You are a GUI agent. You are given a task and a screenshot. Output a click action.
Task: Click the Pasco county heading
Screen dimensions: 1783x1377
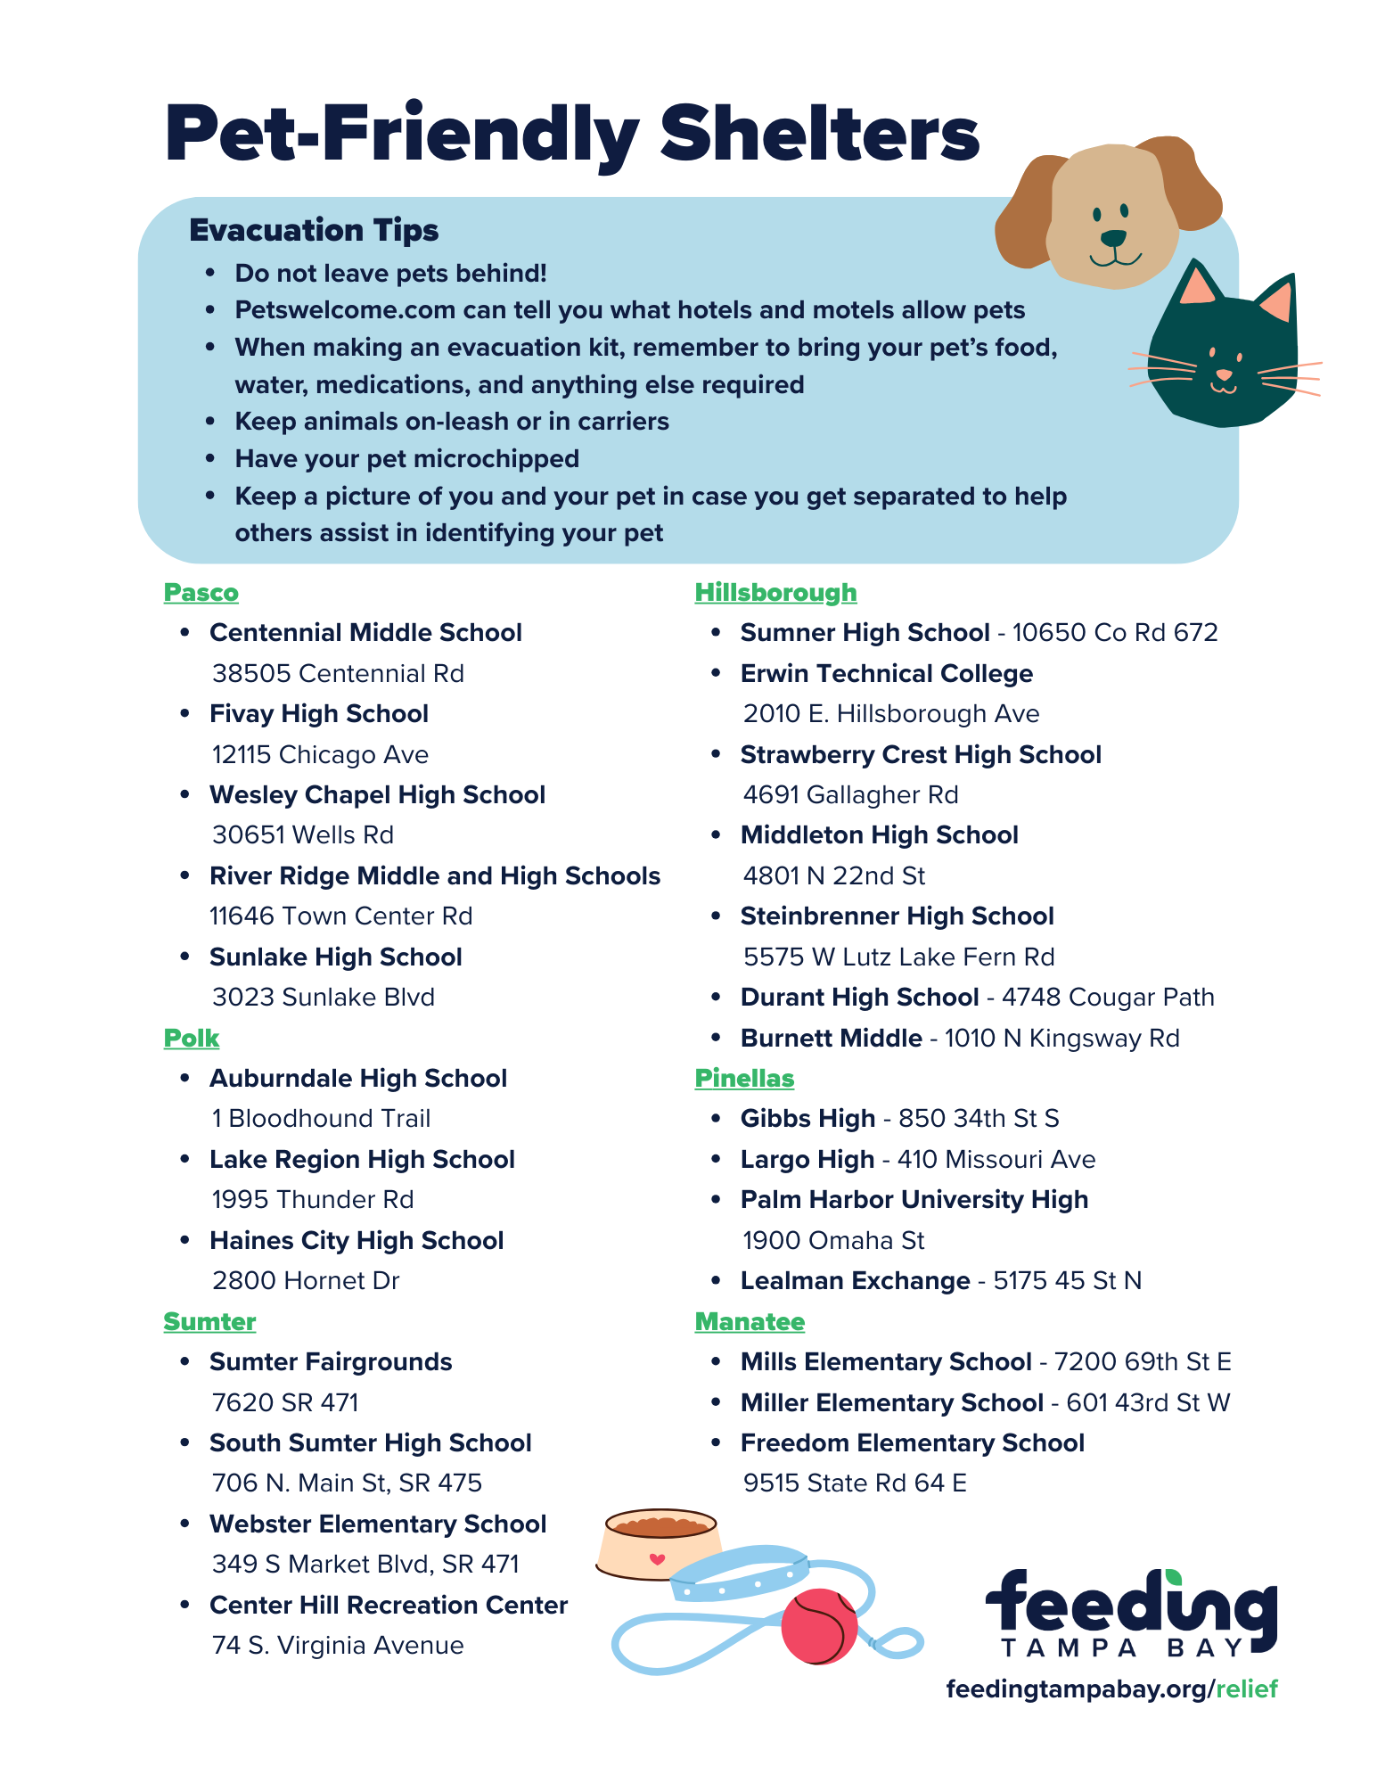tap(201, 593)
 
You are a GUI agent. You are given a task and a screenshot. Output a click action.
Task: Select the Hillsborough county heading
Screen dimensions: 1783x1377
tap(775, 593)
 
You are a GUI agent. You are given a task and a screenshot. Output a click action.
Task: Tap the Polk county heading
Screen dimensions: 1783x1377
tap(191, 1039)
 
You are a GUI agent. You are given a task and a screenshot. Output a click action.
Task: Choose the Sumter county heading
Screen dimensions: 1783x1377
tap(209, 1322)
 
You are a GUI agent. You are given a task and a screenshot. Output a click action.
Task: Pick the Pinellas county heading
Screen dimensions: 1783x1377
tap(744, 1079)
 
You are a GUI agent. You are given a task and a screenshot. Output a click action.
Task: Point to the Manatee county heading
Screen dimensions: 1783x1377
tap(750, 1322)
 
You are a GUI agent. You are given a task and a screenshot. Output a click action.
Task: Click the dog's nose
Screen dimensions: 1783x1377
tap(1113, 238)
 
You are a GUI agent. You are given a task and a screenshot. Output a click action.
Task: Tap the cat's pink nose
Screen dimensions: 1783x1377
tap(1224, 374)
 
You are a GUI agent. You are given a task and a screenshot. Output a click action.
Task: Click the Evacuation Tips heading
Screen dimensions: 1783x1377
tap(314, 230)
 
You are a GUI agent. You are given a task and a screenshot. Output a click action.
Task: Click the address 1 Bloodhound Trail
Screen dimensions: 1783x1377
tap(321, 1119)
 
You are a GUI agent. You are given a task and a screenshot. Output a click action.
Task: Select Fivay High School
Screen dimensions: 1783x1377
tap(318, 714)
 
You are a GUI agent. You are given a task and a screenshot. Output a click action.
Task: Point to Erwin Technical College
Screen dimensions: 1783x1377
tap(886, 674)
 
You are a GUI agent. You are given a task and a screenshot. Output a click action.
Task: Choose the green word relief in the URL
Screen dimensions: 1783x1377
tap(1247, 1689)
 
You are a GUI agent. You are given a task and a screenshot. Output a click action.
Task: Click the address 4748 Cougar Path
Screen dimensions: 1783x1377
tap(1108, 998)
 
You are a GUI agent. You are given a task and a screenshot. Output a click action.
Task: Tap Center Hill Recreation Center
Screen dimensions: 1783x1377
tap(388, 1606)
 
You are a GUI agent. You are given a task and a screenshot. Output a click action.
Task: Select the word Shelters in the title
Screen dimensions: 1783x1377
tap(819, 134)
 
